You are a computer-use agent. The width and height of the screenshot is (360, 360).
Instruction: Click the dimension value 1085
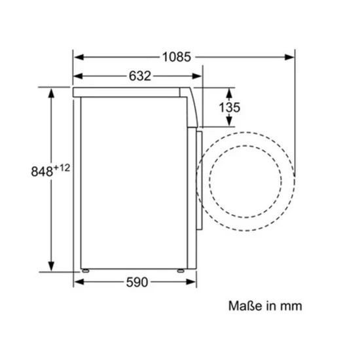177,57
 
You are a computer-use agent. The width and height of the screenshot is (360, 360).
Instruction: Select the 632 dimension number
140,76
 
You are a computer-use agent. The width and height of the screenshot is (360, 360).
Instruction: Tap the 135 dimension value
229,107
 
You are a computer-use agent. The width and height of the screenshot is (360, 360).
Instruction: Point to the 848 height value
42,171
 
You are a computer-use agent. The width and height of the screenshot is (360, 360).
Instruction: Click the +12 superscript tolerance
62,168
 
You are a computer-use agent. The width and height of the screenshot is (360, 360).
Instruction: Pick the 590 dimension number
137,282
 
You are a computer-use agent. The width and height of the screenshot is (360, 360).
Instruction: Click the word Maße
245,306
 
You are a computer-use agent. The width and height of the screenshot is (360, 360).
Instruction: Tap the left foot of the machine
85,271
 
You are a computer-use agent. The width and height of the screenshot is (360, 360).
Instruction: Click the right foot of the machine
181,271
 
